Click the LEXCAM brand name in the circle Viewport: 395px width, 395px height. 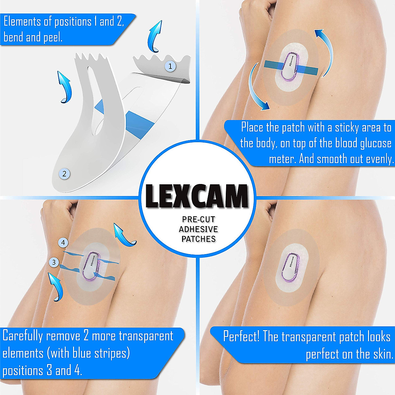[x=197, y=196]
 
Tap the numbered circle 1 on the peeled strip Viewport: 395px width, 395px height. [x=170, y=66]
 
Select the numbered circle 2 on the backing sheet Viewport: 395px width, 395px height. [x=65, y=173]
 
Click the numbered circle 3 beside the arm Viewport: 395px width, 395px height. [x=54, y=262]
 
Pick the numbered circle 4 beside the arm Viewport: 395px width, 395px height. [x=63, y=243]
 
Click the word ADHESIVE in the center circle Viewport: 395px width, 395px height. [x=198, y=229]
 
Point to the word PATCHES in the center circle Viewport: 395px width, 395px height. [x=198, y=239]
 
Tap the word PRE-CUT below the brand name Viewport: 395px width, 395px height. [x=198, y=220]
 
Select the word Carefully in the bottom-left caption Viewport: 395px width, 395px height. [x=23, y=336]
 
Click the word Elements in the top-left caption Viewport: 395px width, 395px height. [x=23, y=22]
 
